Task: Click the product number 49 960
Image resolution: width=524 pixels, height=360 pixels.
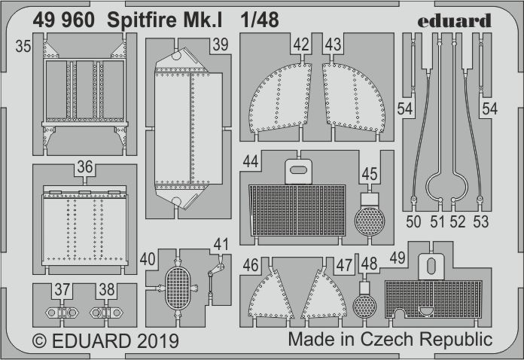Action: click(64, 20)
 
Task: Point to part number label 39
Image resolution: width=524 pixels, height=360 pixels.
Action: click(220, 47)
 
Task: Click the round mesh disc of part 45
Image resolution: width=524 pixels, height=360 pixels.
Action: click(369, 221)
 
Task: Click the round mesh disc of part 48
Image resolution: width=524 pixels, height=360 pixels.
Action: click(365, 307)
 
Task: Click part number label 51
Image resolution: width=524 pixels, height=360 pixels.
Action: click(437, 221)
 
